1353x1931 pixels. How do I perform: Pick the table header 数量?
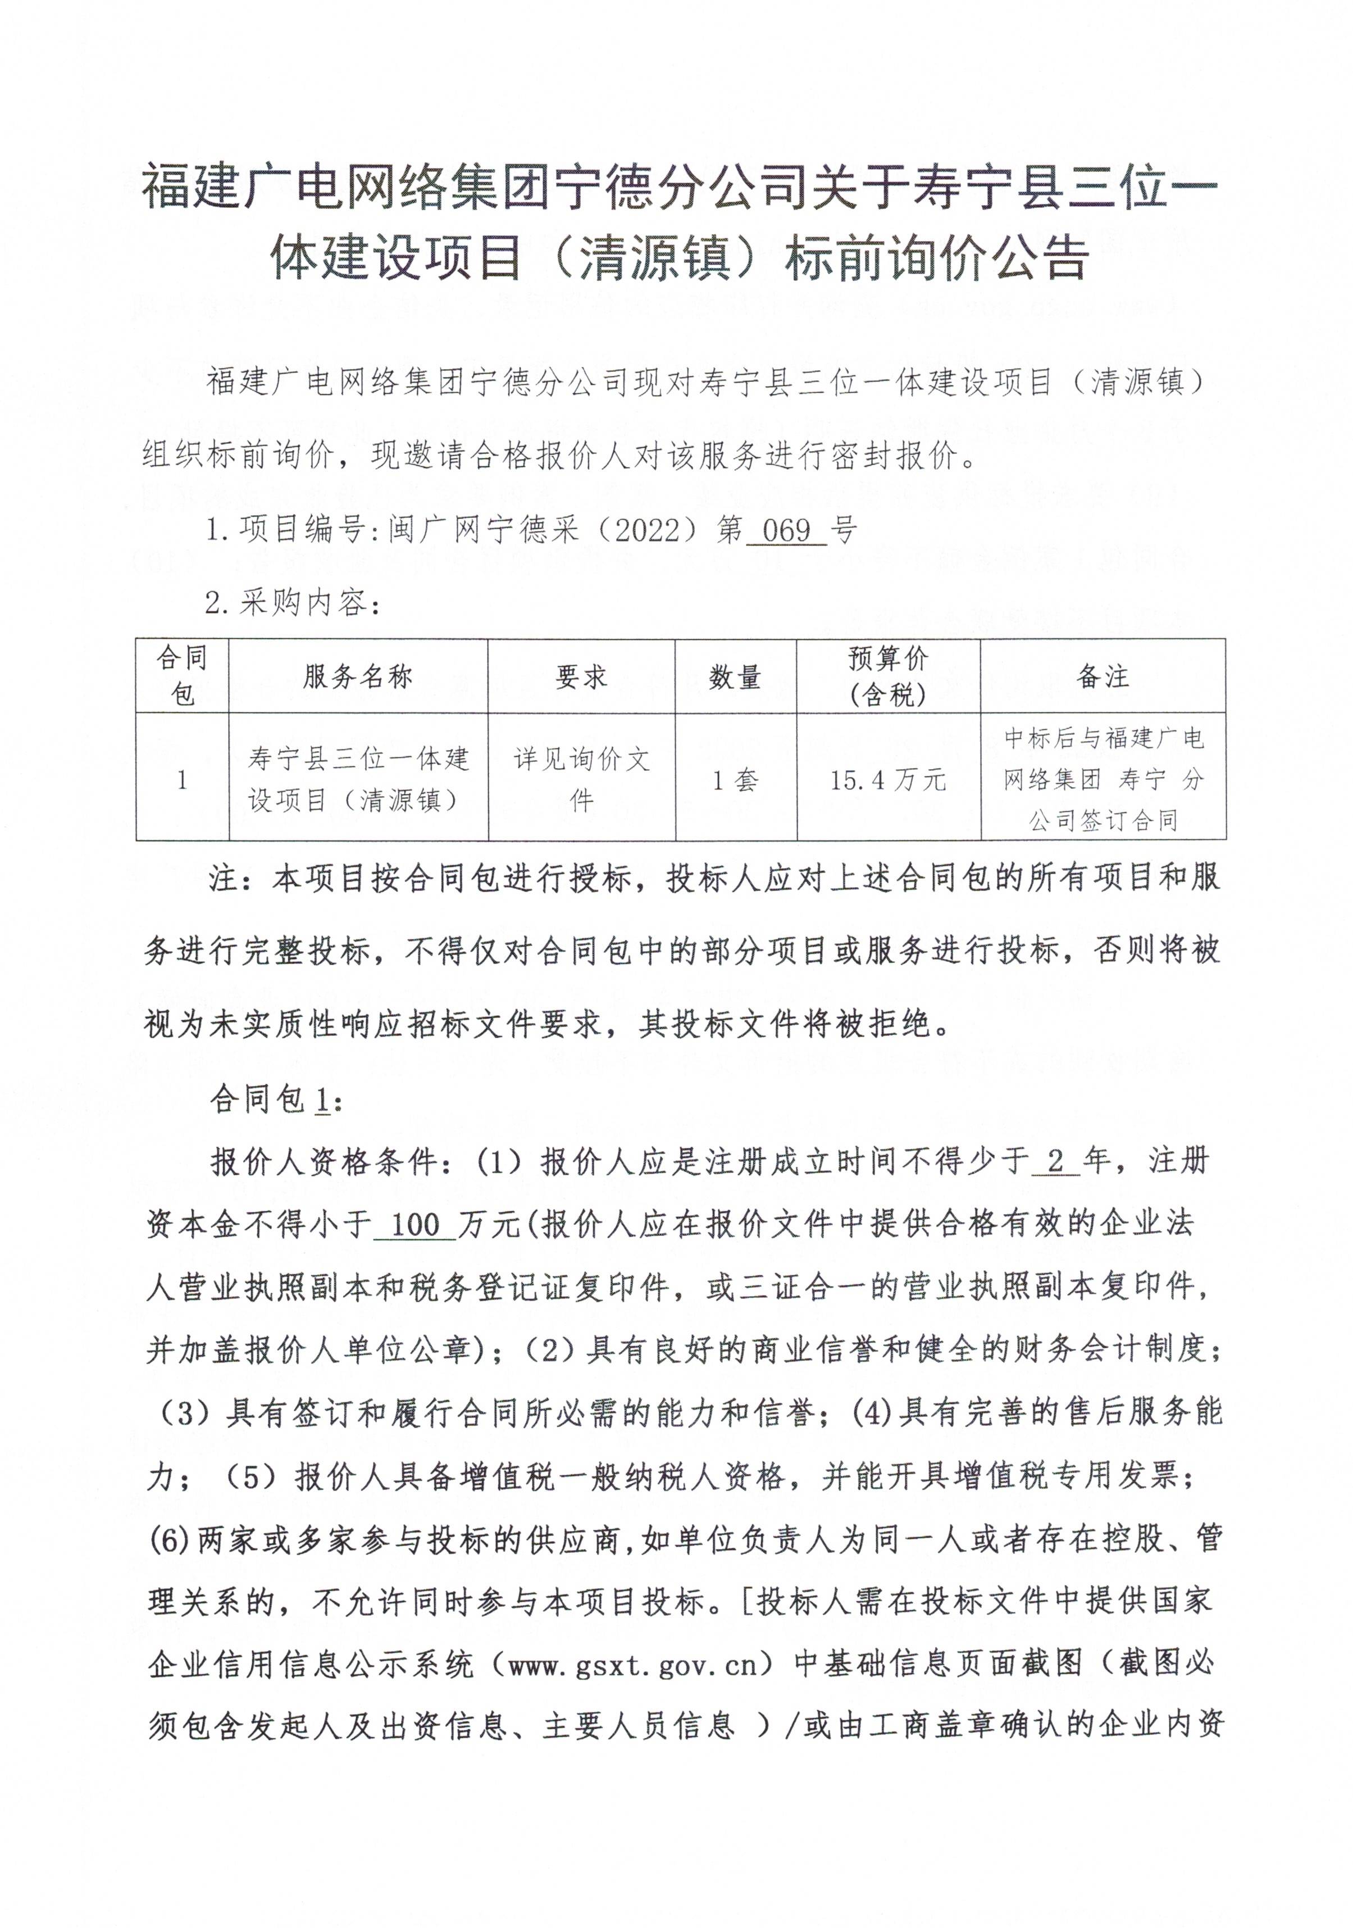coord(735,676)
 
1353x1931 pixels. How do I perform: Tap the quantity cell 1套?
coord(735,780)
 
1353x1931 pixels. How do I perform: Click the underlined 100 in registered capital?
coord(416,1225)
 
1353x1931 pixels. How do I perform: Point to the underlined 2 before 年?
coord(1056,1161)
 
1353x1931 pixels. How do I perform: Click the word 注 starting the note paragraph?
coord(225,879)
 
